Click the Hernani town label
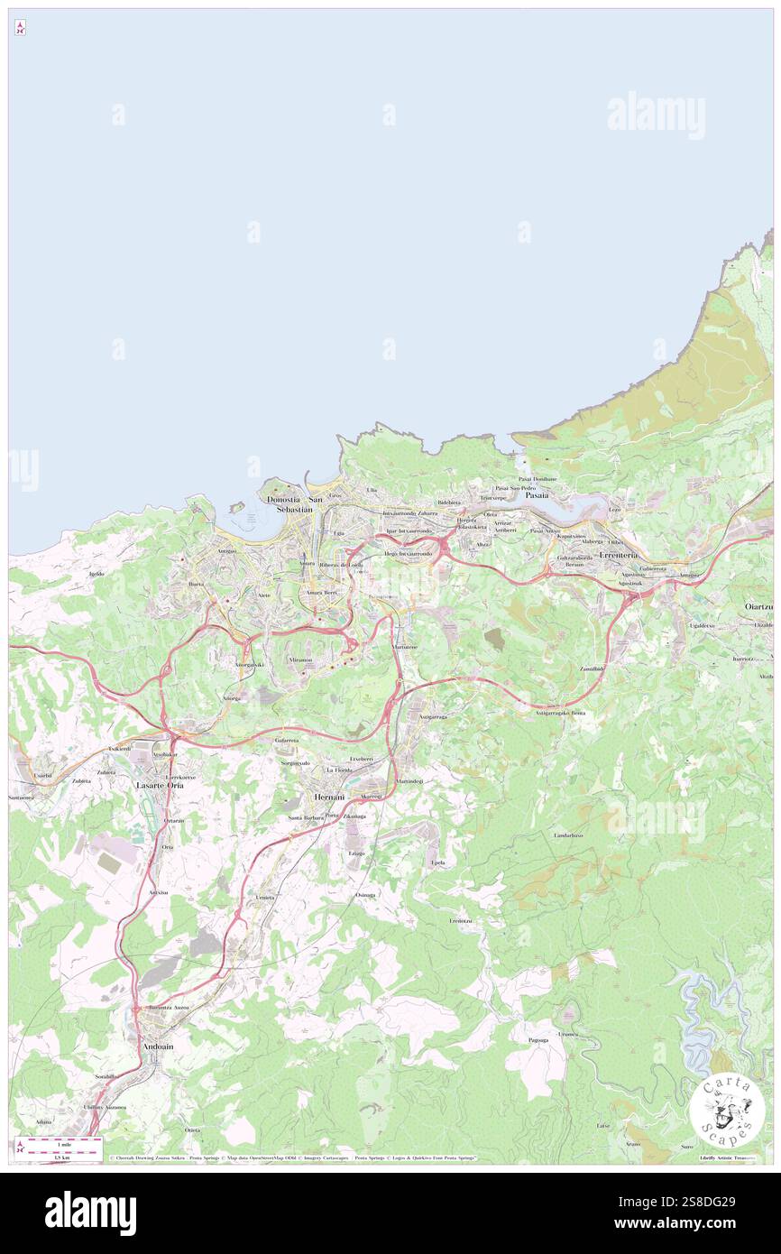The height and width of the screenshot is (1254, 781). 327,798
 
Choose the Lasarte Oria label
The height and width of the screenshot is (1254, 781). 159,786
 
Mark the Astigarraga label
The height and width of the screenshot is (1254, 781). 435,716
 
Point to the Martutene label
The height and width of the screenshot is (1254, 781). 405,648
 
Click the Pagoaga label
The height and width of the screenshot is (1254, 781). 539,1040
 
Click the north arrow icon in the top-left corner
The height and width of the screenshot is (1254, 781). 20,29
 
